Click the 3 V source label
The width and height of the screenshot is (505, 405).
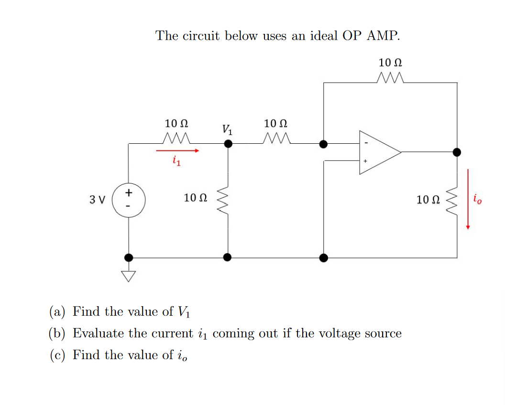click(x=97, y=199)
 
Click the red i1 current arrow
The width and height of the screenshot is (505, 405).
click(x=177, y=151)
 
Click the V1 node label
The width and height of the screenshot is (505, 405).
click(x=228, y=129)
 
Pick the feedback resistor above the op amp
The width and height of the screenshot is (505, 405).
click(x=391, y=77)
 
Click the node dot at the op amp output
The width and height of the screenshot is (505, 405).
click(x=457, y=152)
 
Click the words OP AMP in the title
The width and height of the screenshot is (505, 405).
click(x=371, y=36)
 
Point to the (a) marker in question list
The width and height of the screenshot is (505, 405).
click(x=57, y=312)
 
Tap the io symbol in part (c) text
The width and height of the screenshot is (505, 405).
click(x=182, y=356)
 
